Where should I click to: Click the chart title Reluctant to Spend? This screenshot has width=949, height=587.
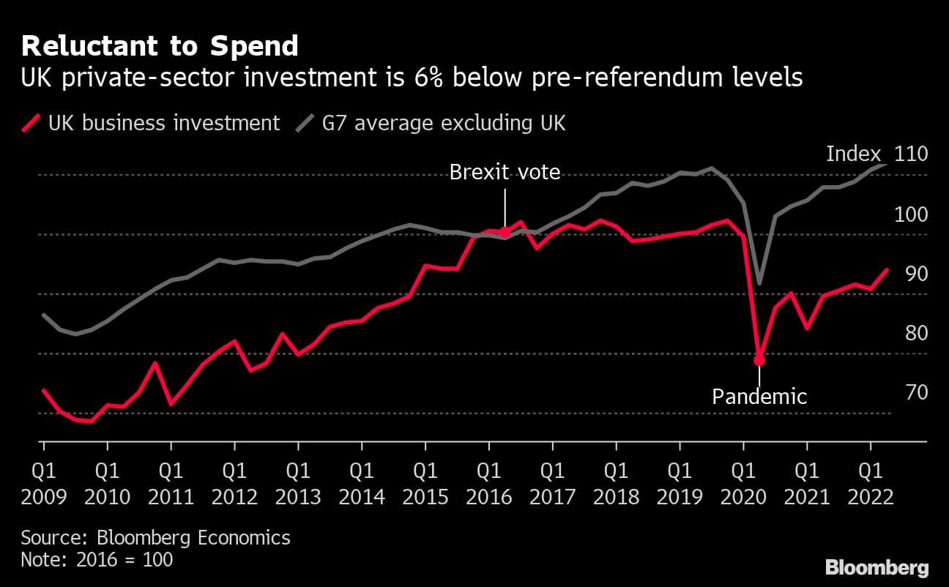point(160,46)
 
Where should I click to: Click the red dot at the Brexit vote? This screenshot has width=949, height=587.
point(505,232)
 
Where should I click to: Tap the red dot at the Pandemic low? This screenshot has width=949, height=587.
point(759,359)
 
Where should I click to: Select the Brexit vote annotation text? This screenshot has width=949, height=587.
point(505,173)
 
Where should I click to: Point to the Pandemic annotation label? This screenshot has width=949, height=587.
point(759,397)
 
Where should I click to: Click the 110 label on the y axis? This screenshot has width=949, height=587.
point(911,154)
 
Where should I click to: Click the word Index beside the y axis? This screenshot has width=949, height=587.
point(853,154)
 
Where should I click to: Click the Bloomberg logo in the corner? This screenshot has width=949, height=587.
point(877,567)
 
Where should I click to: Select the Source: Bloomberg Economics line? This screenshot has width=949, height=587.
point(155,538)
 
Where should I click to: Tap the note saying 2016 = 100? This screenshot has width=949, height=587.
point(97,560)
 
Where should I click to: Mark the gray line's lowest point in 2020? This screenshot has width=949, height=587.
point(759,283)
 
